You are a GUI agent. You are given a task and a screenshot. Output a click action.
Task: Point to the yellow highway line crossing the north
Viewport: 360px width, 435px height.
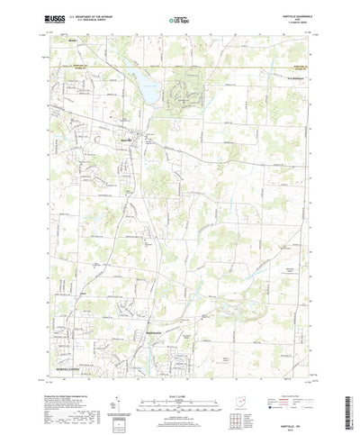pyautogui.click(x=180, y=66)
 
